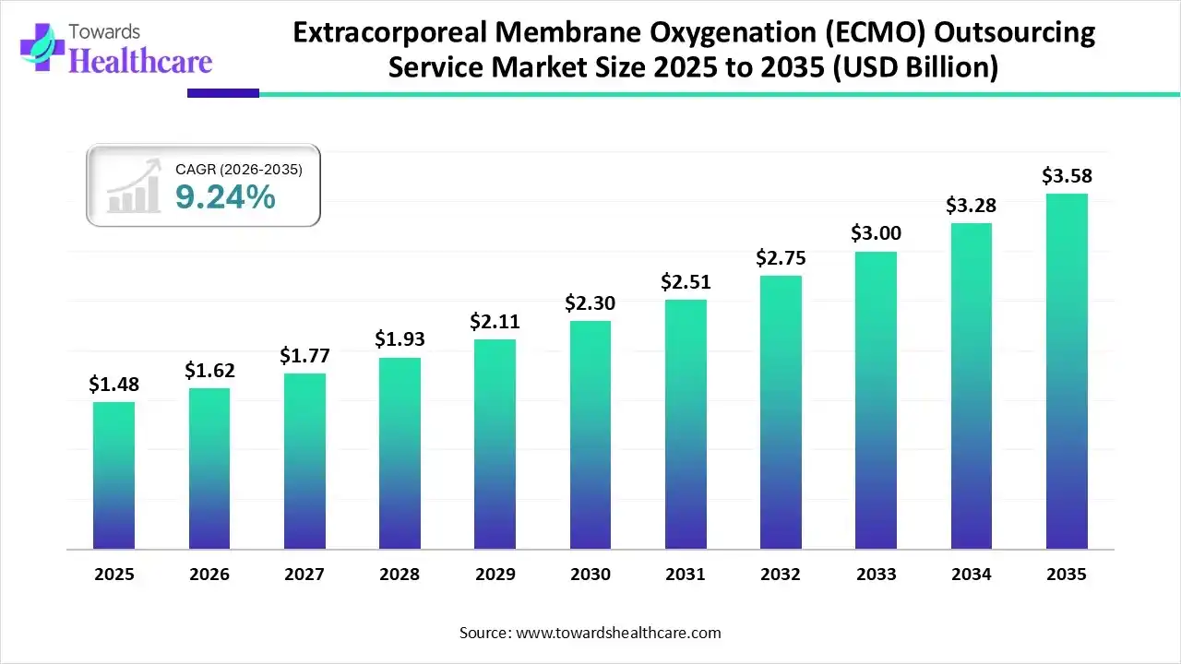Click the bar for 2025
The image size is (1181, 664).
[113, 475]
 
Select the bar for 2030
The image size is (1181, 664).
[590, 434]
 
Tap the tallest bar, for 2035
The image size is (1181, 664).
[1067, 371]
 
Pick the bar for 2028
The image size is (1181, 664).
[400, 453]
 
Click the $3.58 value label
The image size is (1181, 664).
[1067, 175]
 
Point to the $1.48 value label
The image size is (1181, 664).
[113, 385]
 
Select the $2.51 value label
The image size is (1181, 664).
[686, 282]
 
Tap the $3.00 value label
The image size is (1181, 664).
[876, 234]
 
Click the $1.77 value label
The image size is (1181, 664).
[304, 356]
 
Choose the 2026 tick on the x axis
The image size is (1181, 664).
[209, 575]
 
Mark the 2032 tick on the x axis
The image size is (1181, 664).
[781, 575]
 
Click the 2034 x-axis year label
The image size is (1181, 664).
[972, 575]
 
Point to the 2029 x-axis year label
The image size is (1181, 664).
[495, 575]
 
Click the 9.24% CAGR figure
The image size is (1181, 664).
[225, 196]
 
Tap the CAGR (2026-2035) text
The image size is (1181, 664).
[238, 169]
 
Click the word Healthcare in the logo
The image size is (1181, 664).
[140, 61]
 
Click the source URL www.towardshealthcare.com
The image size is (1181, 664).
[616, 633]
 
